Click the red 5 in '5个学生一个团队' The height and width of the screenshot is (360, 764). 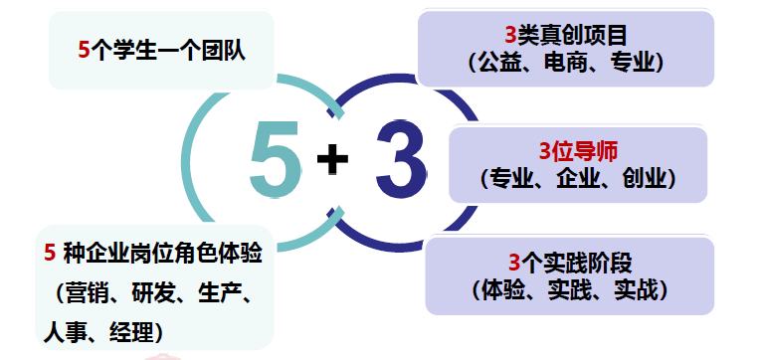click(84, 50)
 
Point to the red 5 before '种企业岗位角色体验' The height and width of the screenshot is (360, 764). click(50, 254)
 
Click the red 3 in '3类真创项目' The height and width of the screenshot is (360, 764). click(509, 36)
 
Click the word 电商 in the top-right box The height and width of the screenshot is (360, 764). click(565, 63)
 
